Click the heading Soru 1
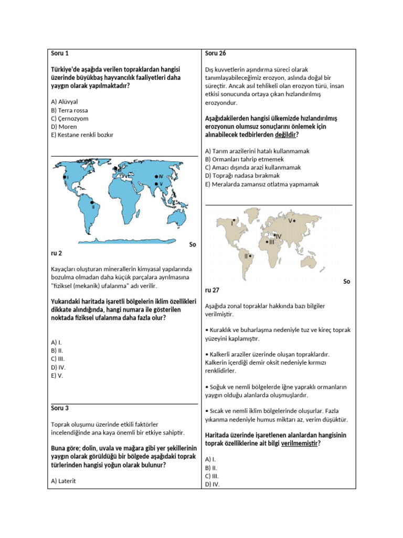coord(60,53)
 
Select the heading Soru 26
coord(216,53)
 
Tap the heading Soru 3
coord(60,408)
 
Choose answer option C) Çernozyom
coord(70,119)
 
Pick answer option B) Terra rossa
coord(69,110)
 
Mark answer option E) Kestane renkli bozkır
coord(82,134)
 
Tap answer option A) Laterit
coord(63,480)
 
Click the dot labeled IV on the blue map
coord(156,177)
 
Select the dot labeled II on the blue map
coord(91,202)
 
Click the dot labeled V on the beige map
coord(295,221)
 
